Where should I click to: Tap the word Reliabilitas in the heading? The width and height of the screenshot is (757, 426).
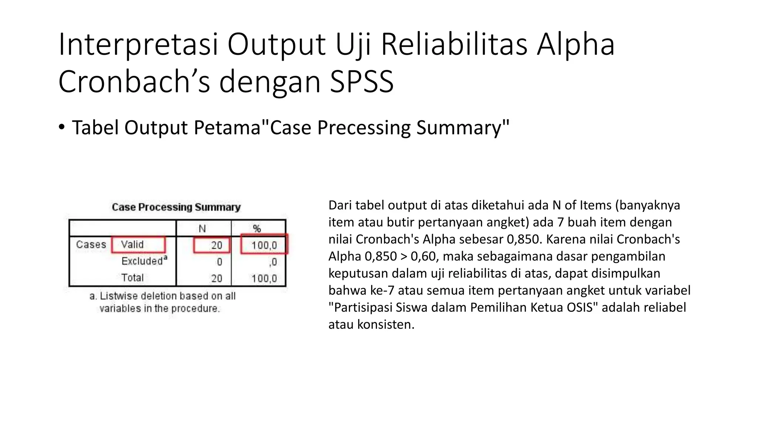[x=454, y=44]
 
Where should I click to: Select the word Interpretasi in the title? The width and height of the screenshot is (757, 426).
[x=138, y=44]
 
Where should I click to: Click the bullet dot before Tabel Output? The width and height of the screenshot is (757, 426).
[x=61, y=127]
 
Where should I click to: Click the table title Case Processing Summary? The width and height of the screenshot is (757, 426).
[x=176, y=207]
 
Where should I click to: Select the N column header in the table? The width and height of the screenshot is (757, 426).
[x=202, y=229]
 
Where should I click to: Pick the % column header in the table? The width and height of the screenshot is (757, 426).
[x=257, y=229]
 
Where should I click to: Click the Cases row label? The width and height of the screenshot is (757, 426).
[x=91, y=244]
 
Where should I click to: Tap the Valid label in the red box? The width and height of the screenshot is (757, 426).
[x=132, y=244]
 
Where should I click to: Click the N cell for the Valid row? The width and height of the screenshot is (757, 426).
[x=217, y=245]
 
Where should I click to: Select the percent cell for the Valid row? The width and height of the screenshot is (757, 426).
[x=264, y=245]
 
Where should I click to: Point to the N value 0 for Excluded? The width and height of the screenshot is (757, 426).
[x=219, y=262]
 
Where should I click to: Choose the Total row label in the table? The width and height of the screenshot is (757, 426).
[x=132, y=278]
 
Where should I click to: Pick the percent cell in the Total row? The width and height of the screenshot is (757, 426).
[x=264, y=278]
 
